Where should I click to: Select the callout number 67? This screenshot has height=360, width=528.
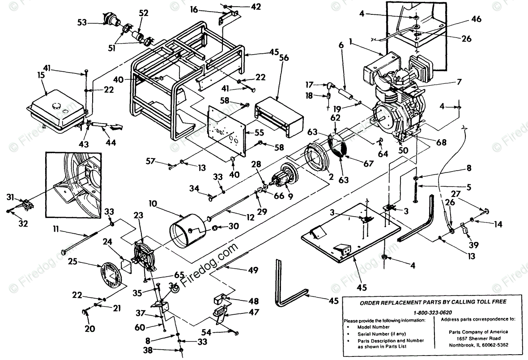click(x=368, y=163)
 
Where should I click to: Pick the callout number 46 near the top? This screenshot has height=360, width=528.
click(x=476, y=19)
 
